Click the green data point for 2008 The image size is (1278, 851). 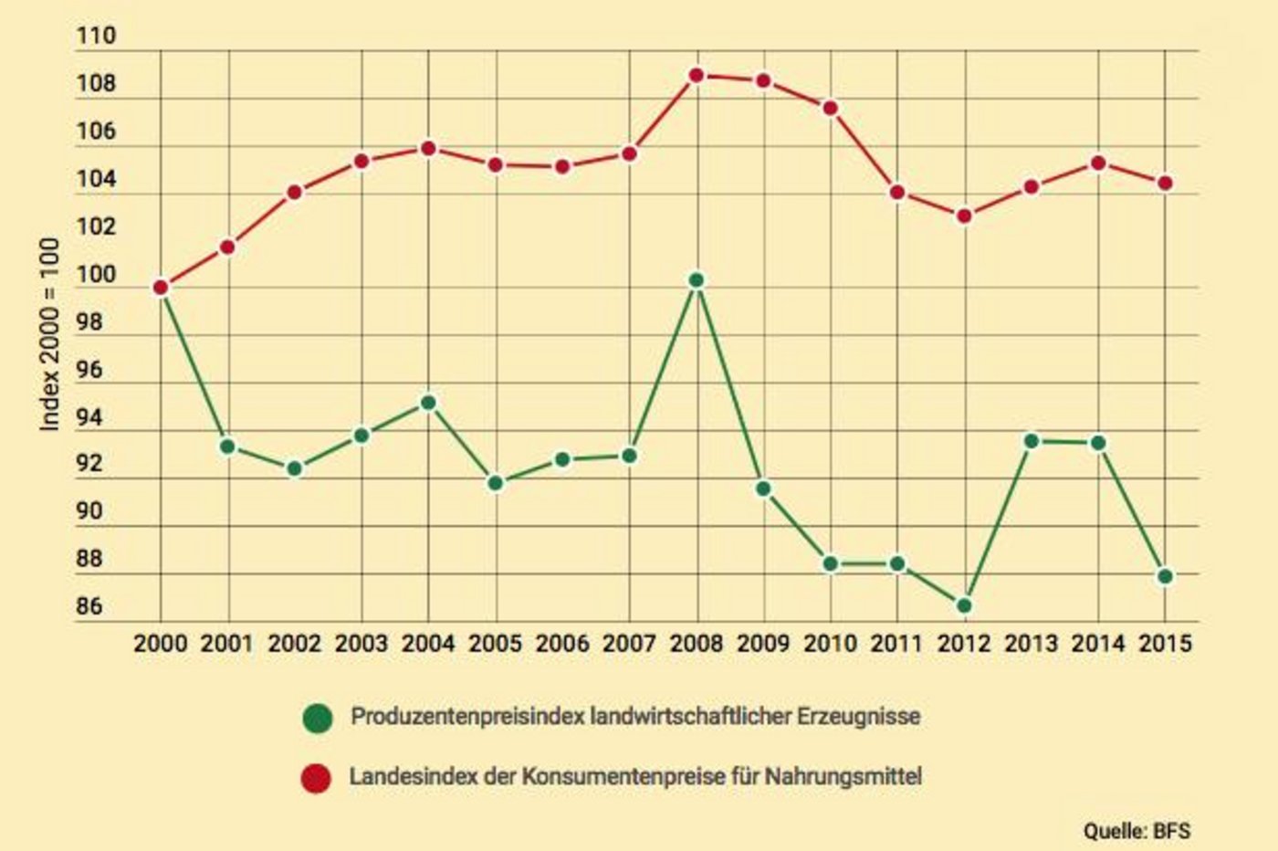[697, 281]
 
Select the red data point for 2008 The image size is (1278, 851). [697, 75]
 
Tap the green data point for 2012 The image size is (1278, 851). [964, 605]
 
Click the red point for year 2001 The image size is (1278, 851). [228, 247]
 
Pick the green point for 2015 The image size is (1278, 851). [1165, 576]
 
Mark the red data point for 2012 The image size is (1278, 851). [964, 216]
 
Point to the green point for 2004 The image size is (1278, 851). [428, 403]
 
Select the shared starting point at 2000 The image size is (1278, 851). [161, 288]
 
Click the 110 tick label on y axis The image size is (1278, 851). [97, 37]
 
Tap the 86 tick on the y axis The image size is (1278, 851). [89, 606]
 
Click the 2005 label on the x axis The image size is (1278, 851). [495, 644]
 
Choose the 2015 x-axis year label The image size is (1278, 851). [1166, 644]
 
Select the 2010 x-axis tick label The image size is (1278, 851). [830, 644]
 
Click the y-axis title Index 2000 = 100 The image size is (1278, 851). [50, 334]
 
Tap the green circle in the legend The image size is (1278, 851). [317, 718]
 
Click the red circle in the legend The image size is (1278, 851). [317, 778]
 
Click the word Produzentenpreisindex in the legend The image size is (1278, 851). [467, 717]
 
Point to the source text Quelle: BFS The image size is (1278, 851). [1137, 831]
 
